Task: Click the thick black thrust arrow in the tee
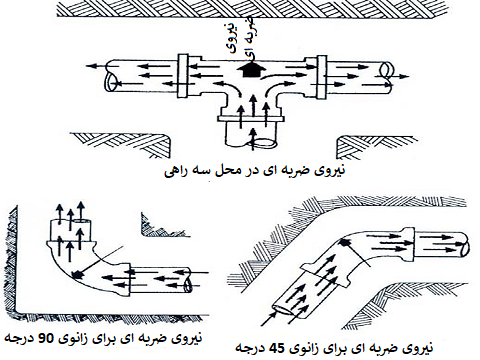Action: coord(251,70)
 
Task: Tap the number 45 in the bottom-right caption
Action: coord(278,348)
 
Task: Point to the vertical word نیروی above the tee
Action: coord(234,37)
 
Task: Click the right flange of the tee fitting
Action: coord(320,77)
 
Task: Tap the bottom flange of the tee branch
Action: coord(251,118)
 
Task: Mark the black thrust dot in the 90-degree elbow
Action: coord(77,274)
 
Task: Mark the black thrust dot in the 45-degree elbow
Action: coord(344,243)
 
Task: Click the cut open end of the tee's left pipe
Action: coord(111,82)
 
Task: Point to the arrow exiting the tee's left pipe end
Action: coord(98,66)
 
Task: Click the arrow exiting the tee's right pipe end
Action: coord(399,76)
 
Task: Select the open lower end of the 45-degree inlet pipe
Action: coord(283,309)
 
